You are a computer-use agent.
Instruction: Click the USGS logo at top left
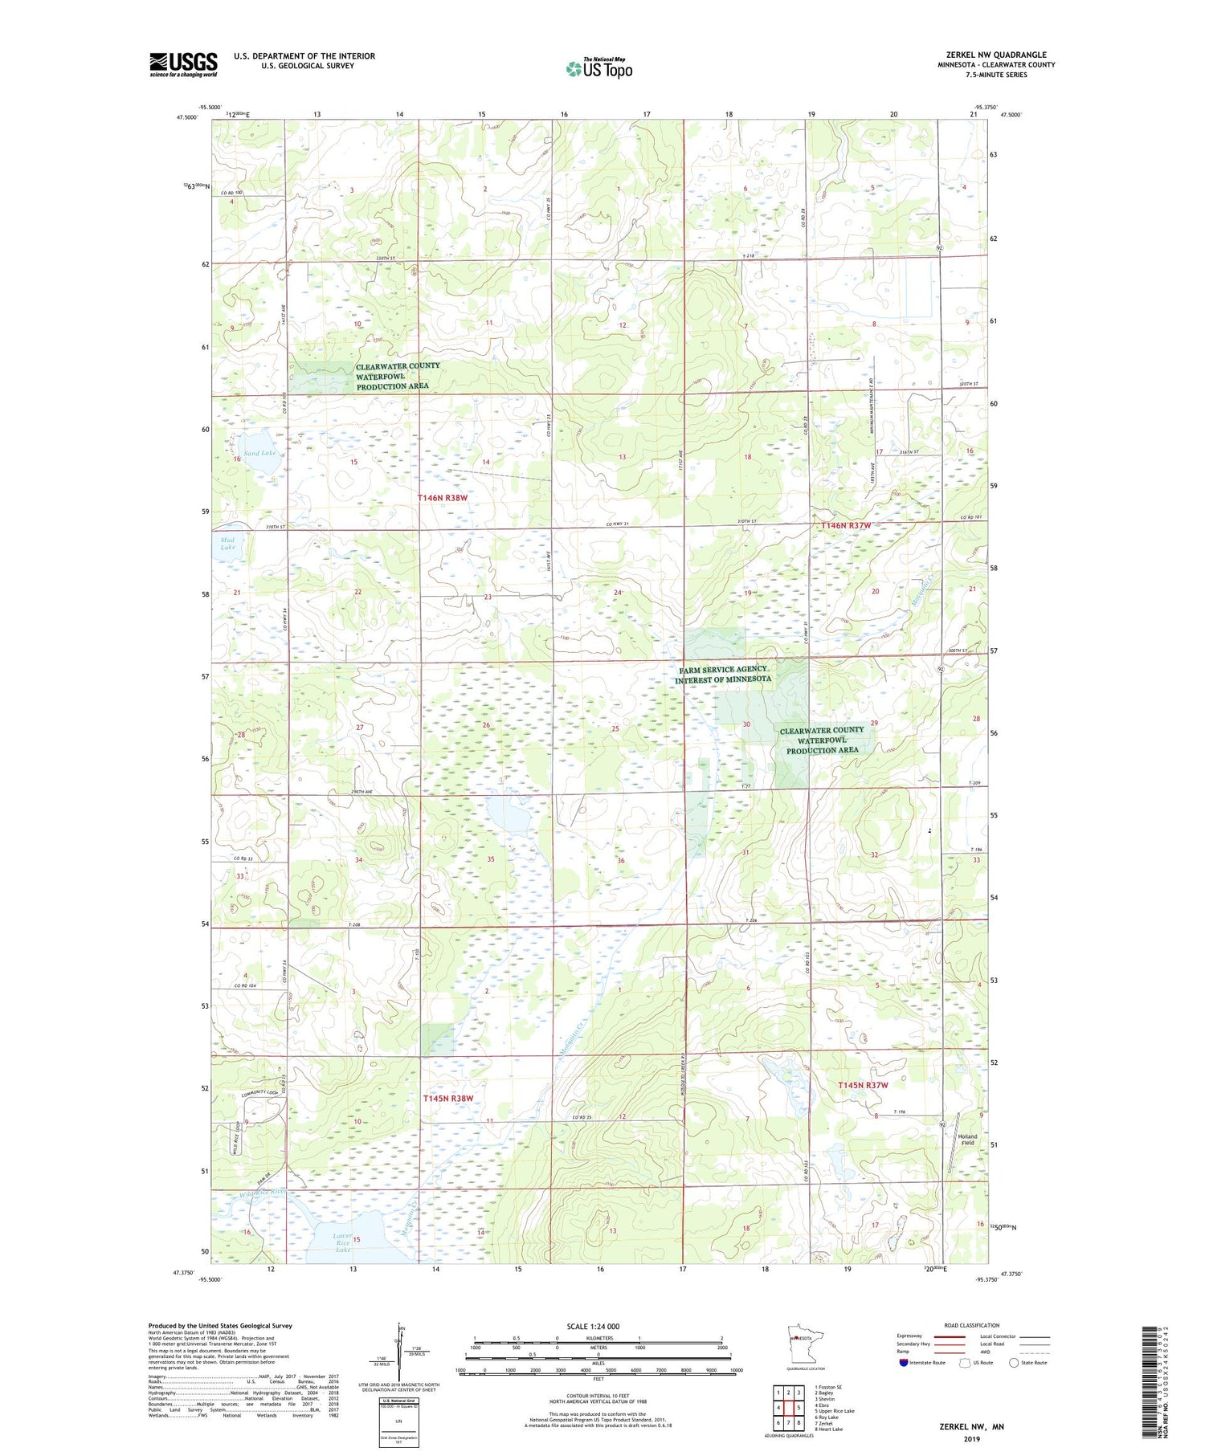point(183,64)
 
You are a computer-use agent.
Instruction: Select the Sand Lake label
point(259,453)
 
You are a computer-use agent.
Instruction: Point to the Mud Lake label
point(228,544)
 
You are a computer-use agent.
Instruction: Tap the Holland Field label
point(967,1140)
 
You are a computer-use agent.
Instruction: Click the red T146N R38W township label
point(443,498)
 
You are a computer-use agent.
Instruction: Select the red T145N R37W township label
point(863,1085)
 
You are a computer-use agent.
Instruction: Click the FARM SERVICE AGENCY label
point(723,669)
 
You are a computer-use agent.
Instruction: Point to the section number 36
point(621,861)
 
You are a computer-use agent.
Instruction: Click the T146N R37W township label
point(846,525)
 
